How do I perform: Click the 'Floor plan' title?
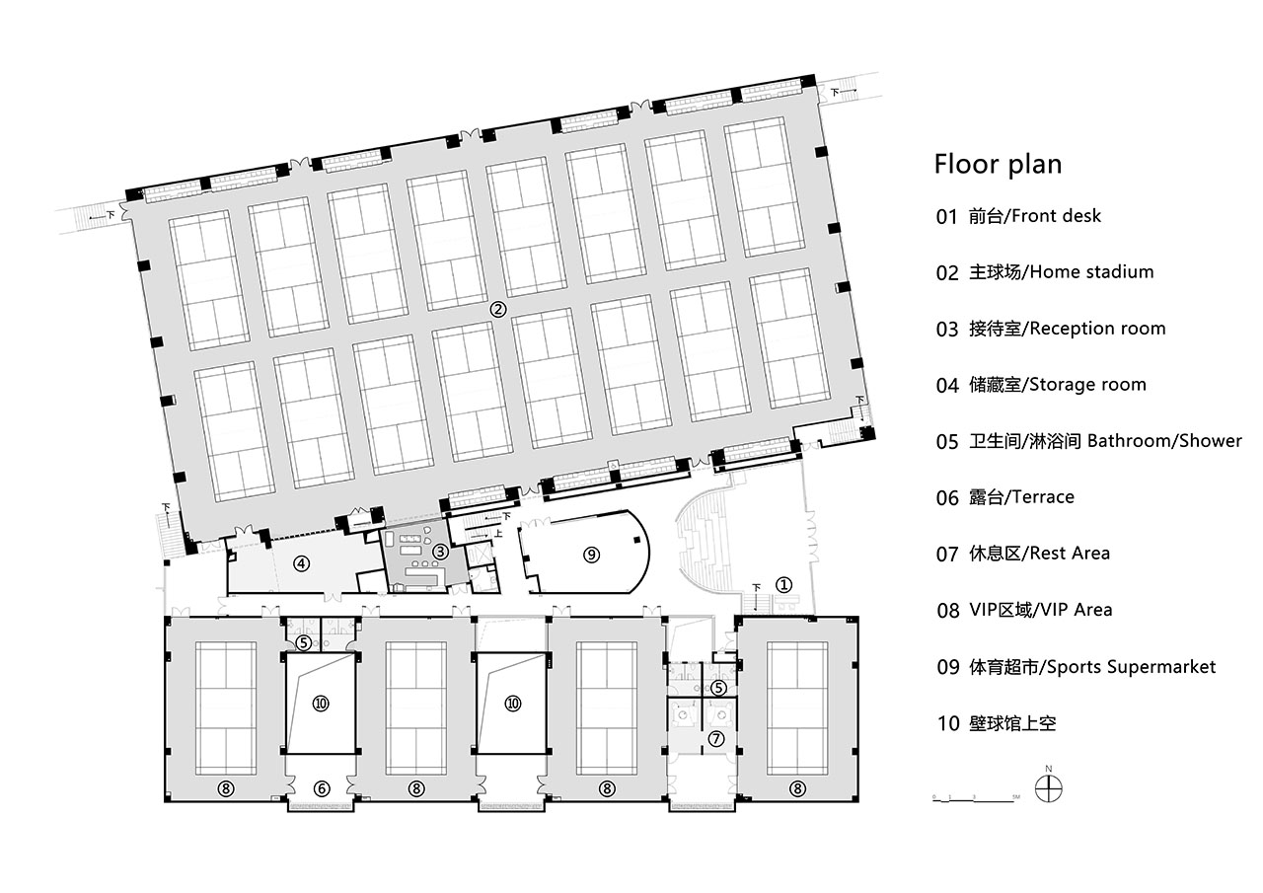pyautogui.click(x=998, y=163)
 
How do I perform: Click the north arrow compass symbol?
pyautogui.click(x=1048, y=789)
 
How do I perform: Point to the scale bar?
pyautogui.click(x=977, y=796)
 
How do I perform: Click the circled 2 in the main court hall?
pyautogui.click(x=498, y=309)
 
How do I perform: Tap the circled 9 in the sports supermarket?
pyautogui.click(x=591, y=555)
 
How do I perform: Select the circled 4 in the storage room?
pyautogui.click(x=302, y=564)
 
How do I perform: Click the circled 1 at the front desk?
pyautogui.click(x=783, y=584)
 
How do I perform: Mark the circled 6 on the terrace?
pyautogui.click(x=321, y=788)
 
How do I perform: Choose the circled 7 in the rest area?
pyautogui.click(x=717, y=738)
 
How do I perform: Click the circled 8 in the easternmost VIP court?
pyautogui.click(x=797, y=788)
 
